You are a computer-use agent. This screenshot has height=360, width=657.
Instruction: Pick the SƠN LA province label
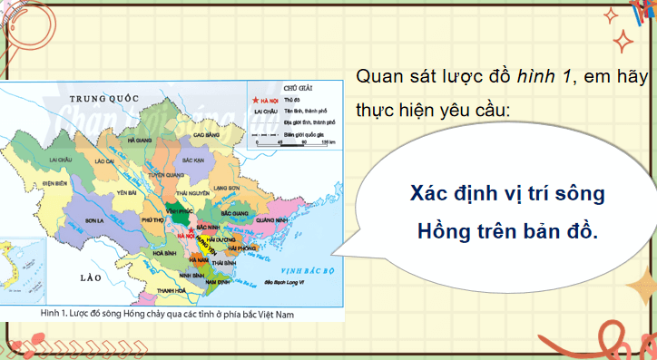click(94, 220)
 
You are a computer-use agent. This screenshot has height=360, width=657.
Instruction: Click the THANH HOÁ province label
click(166, 291)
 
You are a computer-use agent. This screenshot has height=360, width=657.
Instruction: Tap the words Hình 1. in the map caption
click(56, 313)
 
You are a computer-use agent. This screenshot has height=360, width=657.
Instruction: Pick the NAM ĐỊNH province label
click(217, 282)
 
